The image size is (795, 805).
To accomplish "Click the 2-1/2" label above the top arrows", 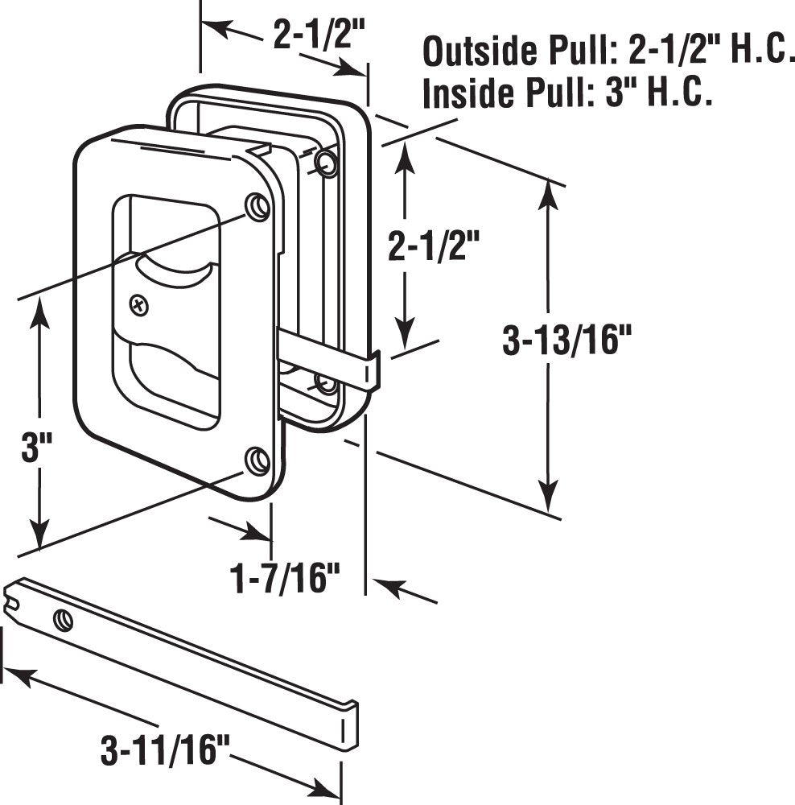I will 319,36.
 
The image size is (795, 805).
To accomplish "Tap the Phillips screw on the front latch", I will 141,305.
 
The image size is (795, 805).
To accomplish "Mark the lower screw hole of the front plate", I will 257,460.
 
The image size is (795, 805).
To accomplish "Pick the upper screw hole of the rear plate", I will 327,163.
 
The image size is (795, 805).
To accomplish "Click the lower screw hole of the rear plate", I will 326,384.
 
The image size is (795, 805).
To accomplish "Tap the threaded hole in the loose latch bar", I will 63,620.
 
